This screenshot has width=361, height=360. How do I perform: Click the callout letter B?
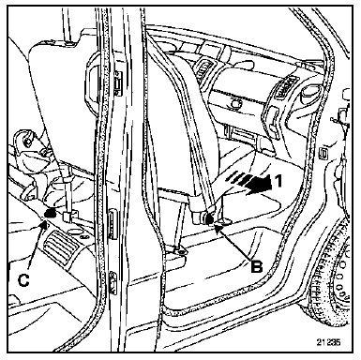click(256, 266)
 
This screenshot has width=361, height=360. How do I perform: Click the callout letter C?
click(23, 280)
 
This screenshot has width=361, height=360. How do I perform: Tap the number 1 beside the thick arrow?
click(278, 181)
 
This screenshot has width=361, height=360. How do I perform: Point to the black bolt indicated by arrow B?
click(209, 219)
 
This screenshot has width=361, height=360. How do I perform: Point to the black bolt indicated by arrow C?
click(50, 214)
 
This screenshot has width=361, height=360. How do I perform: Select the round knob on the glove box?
click(235, 103)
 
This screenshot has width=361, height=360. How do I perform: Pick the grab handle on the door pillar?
click(91, 79)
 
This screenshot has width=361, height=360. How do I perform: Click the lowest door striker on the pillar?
click(113, 282)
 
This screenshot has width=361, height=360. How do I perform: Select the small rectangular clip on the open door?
click(322, 153)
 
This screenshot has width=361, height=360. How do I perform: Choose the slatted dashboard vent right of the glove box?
click(284, 88)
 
